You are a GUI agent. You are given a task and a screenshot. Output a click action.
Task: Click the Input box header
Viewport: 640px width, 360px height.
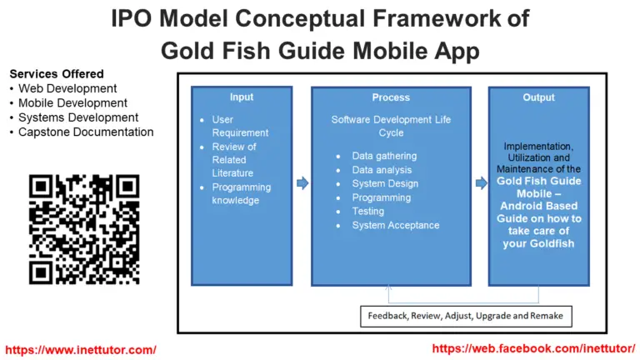[x=241, y=97]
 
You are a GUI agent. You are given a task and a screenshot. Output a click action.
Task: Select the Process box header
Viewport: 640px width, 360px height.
[x=390, y=97]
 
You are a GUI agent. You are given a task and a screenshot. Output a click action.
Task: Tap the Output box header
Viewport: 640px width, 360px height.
[x=538, y=97]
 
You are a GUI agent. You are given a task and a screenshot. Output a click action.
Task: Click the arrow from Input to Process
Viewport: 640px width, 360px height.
[x=302, y=182]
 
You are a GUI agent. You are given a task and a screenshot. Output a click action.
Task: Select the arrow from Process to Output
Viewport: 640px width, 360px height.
[x=481, y=182]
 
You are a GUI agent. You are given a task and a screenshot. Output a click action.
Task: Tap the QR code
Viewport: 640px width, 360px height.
[x=84, y=228]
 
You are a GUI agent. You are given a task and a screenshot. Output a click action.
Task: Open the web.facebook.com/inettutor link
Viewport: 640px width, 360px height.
[x=534, y=349]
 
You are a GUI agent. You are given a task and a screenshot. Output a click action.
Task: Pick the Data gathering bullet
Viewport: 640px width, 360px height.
[x=384, y=156]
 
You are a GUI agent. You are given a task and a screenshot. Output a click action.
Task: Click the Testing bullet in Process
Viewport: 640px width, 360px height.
[x=368, y=212]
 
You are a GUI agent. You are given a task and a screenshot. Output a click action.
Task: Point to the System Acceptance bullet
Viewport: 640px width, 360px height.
[x=395, y=225]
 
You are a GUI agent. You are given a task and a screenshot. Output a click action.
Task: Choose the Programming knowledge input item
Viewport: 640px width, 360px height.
[x=241, y=193]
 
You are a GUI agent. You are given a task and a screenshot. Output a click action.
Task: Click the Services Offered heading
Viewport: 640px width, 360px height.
[x=57, y=74]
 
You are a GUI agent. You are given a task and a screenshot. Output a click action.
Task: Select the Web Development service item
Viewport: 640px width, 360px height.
[x=67, y=88]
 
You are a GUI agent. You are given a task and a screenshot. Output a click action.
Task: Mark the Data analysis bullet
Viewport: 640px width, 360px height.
[x=381, y=170]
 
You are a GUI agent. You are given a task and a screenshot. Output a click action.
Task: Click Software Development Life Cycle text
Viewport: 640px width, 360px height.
[x=391, y=126]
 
